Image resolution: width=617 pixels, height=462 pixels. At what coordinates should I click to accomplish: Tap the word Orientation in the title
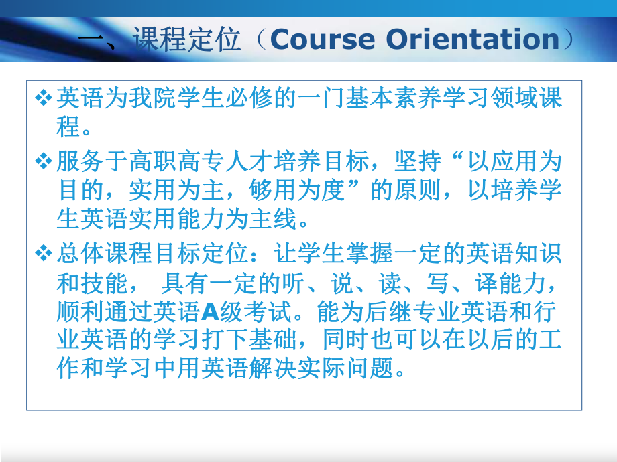tap(474, 40)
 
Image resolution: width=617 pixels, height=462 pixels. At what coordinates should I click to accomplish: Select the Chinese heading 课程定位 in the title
tap(186, 40)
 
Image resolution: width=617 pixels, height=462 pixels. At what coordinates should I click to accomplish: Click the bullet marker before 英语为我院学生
tap(43, 98)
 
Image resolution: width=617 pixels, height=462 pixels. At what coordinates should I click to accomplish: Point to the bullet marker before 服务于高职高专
tap(43, 161)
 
